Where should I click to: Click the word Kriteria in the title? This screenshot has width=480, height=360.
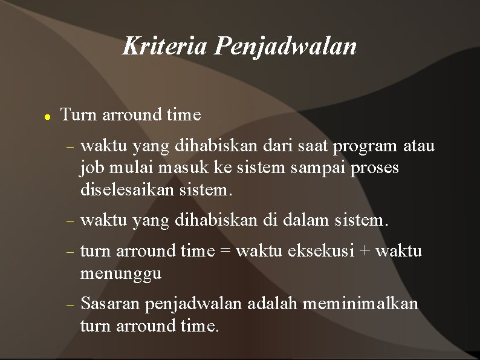point(164,45)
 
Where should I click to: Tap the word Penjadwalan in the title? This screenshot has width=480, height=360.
point(285,47)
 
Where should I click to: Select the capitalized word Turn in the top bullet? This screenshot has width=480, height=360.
point(79,114)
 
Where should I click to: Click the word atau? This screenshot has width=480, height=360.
point(419,146)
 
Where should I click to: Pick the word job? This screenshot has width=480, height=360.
point(90,168)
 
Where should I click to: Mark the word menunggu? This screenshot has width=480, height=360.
point(121,273)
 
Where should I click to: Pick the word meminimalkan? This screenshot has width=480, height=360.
point(360,303)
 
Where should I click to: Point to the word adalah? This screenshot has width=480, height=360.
point(271,303)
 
